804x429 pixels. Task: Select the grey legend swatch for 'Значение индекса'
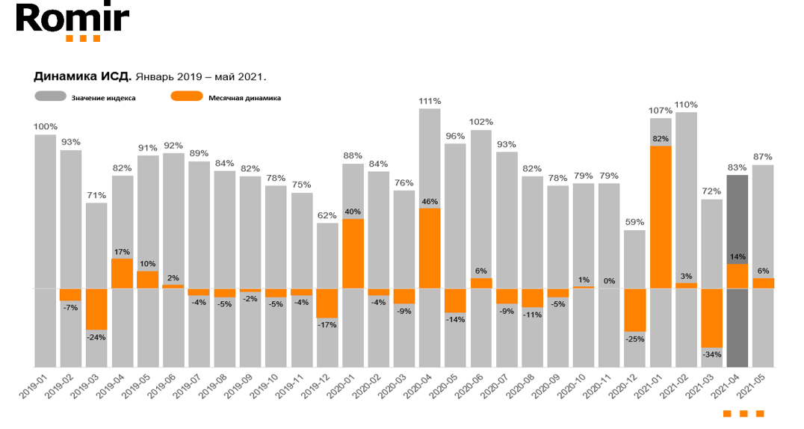point(49,96)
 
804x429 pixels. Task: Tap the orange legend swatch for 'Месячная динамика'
point(186,96)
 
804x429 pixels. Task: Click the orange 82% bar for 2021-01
point(661,217)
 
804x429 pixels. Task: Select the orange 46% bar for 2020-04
point(430,248)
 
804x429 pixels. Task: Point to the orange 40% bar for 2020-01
point(353,253)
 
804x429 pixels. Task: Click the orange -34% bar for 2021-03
point(711,318)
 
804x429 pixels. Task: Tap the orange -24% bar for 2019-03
point(96,309)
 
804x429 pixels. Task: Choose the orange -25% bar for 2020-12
point(635,309)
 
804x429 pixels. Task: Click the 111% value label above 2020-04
point(430,101)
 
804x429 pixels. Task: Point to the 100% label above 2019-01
point(45,127)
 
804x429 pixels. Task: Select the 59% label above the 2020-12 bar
point(635,222)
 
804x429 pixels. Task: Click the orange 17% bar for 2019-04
point(122,274)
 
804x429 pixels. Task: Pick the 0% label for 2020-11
point(610,281)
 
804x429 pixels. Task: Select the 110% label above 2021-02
point(686,105)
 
